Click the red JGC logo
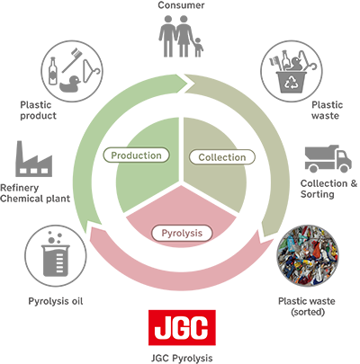[182, 327]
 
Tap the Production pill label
[136, 155]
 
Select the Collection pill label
[222, 157]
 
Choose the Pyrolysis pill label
[182, 233]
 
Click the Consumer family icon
[181, 36]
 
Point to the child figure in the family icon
[198, 47]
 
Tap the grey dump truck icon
[328, 159]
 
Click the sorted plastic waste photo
[307, 256]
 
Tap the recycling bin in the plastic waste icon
[292, 82]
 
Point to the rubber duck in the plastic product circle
[70, 84]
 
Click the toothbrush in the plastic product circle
[72, 60]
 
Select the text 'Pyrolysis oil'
[56, 301]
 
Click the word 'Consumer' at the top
[181, 5]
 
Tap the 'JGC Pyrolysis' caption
[182, 358]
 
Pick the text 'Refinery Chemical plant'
[35, 193]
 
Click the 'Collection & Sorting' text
[328, 189]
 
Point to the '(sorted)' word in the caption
[308, 312]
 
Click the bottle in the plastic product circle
[53, 71]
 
